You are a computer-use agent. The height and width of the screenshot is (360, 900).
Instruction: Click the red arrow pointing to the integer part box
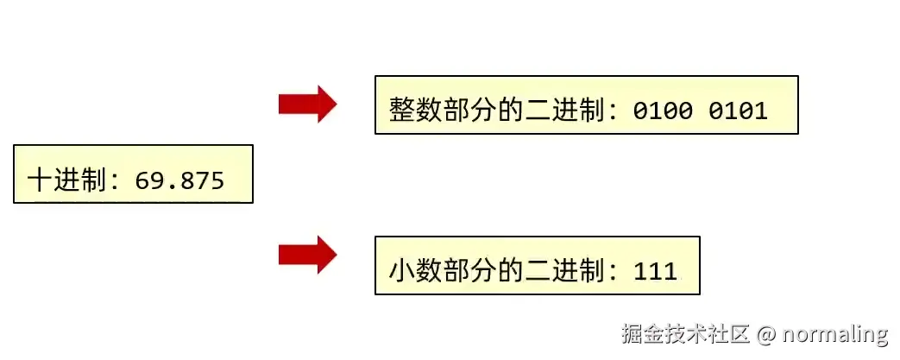(306, 104)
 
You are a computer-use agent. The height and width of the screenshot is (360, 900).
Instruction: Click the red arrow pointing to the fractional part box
(306, 255)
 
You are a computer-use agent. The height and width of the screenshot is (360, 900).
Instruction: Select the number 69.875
(180, 180)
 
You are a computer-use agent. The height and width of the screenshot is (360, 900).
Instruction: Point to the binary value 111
(655, 271)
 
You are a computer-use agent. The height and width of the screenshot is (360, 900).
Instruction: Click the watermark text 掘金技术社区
(685, 333)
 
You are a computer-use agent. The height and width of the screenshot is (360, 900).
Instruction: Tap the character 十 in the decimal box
(38, 180)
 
